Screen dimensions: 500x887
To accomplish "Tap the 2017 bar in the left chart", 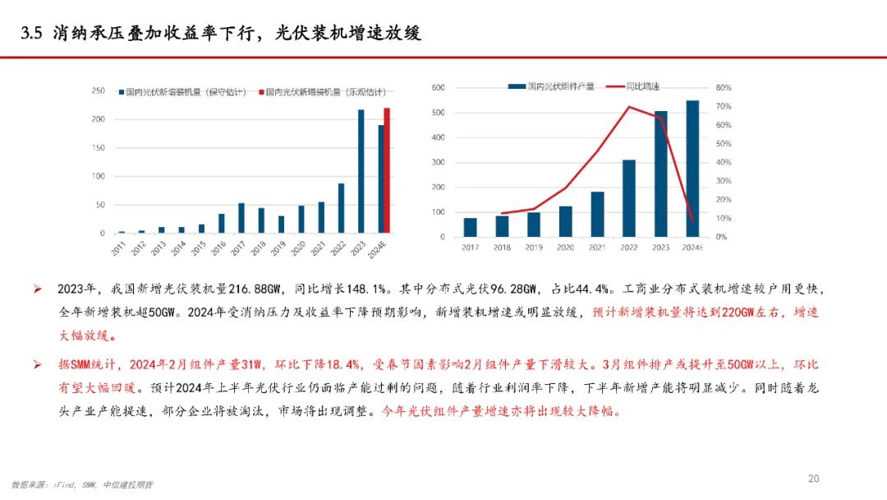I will pos(241,218).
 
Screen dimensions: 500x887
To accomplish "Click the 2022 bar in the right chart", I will pos(629,198).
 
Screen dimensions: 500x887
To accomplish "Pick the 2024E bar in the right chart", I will pos(692,169).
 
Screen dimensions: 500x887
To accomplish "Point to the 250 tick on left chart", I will pos(98,90).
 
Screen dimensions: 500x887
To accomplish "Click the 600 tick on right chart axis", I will pos(439,87).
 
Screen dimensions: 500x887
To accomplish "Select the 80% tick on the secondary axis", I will pos(723,87).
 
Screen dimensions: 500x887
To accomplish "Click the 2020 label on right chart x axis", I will pos(565,248).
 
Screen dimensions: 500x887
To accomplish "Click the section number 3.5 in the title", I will pos(32,33).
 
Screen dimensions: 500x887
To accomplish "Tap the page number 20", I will pos(814,479).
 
